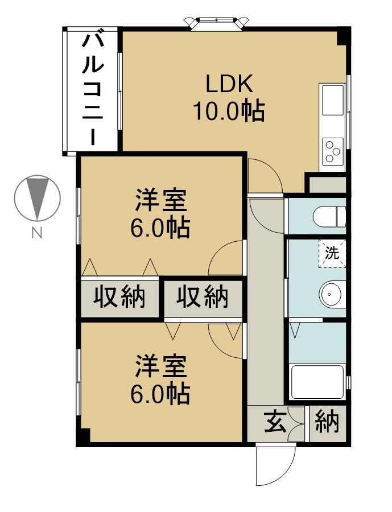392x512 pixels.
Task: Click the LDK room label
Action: click(229, 84)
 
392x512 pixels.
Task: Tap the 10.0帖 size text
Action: click(229, 110)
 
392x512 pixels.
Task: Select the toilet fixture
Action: click(329, 216)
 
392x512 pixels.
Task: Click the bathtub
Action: click(317, 382)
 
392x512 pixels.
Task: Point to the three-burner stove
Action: click(332, 151)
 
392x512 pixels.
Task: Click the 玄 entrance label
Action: click(275, 423)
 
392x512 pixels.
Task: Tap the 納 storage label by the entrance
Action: click(327, 423)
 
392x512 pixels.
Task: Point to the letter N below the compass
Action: click(37, 233)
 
